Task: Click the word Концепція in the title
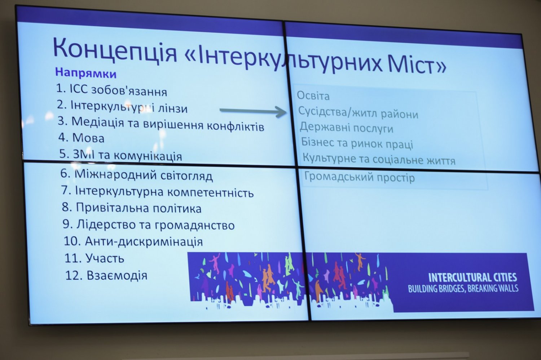[115, 51]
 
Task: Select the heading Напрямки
[86, 73]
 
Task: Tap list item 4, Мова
[82, 138]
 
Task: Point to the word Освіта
[313, 96]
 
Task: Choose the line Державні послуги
[346, 128]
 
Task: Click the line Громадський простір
[359, 177]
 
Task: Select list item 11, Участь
[94, 258]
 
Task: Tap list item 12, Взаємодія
[106, 275]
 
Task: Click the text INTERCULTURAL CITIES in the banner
[472, 277]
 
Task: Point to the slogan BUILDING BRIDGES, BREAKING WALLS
[463, 289]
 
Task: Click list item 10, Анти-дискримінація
[133, 241]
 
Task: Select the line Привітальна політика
[131, 208]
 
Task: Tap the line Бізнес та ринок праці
[357, 143]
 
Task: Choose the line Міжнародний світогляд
[136, 175]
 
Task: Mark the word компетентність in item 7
[210, 192]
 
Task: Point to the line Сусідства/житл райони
[358, 112]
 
